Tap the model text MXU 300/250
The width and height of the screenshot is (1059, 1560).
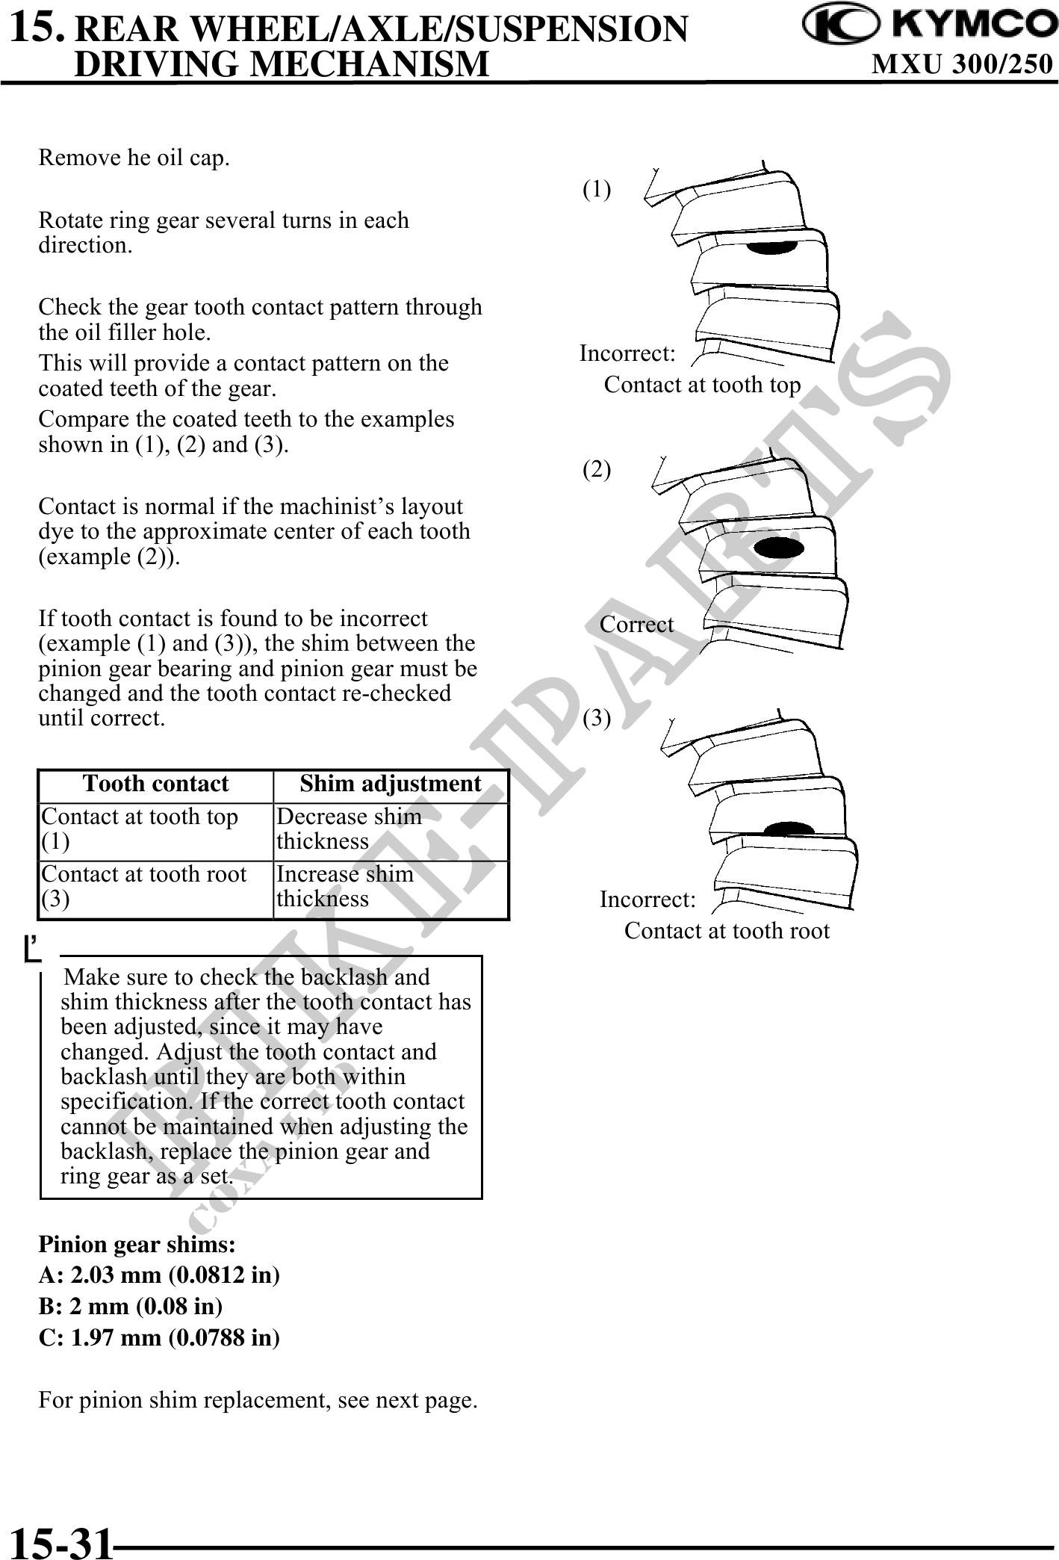pos(963,65)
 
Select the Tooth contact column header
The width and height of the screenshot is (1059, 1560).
pos(155,784)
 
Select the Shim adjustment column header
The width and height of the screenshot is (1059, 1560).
pos(390,784)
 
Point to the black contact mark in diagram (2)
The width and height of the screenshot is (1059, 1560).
pos(779,547)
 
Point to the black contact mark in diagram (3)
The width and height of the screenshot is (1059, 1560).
pos(789,829)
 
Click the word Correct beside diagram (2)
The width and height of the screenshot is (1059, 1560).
pos(636,625)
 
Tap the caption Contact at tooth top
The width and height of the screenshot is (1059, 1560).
pos(702,385)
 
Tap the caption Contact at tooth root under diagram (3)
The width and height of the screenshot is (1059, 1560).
pos(727,931)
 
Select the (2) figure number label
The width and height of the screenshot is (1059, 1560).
pos(597,470)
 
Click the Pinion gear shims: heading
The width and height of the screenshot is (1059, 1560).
pos(137,1245)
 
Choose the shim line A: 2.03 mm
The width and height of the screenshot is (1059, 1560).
pos(159,1275)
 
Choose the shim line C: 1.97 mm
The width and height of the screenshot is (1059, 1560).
pos(159,1337)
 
